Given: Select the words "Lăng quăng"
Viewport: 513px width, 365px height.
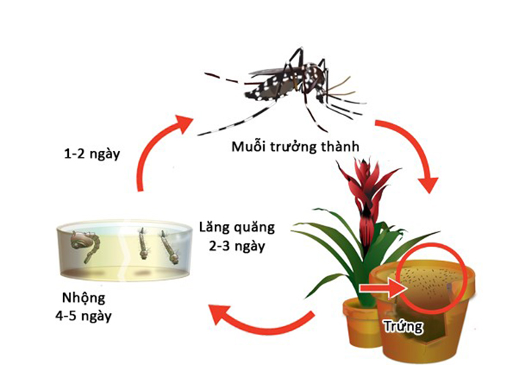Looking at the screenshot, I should [x=232, y=229].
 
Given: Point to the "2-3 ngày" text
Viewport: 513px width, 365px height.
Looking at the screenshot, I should [x=232, y=246].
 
